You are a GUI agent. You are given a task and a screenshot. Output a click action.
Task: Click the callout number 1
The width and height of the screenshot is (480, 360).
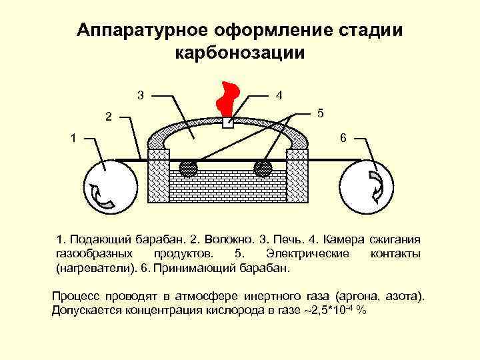[x=75, y=139]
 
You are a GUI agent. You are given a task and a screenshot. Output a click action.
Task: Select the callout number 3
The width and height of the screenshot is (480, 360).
[x=139, y=94]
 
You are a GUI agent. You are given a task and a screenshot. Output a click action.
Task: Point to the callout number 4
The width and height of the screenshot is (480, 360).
[x=279, y=94]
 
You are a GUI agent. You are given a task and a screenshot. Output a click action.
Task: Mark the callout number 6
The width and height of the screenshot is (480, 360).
[x=343, y=138]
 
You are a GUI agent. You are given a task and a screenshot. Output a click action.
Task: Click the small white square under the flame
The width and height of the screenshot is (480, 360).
[x=228, y=123]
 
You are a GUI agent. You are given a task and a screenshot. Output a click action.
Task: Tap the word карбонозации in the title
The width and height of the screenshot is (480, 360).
[x=239, y=53]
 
